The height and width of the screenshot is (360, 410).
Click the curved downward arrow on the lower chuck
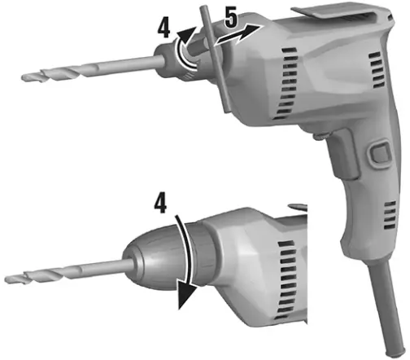tap(188, 261)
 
